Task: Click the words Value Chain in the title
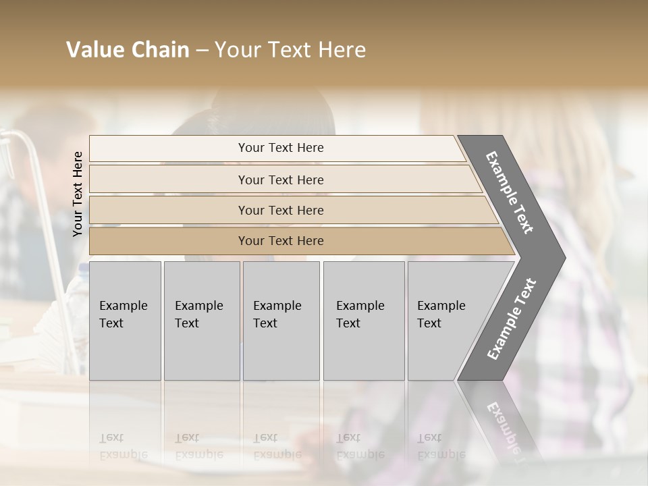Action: point(128,50)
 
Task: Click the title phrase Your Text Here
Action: point(290,50)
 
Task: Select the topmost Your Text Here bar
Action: point(281,148)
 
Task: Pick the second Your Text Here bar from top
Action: point(281,180)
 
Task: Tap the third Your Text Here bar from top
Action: point(281,210)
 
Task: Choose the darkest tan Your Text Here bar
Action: point(281,241)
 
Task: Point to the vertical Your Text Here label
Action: point(78,194)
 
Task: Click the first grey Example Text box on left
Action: point(125,321)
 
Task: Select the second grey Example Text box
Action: point(202,321)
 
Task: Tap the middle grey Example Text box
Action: point(281,321)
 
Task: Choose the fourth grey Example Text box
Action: point(364,321)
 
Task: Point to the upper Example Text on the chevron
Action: point(510,192)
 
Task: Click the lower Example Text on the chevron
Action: point(511,319)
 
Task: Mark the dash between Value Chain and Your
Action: point(202,51)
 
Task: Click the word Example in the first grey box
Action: point(123,306)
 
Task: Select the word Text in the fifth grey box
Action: point(429,323)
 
